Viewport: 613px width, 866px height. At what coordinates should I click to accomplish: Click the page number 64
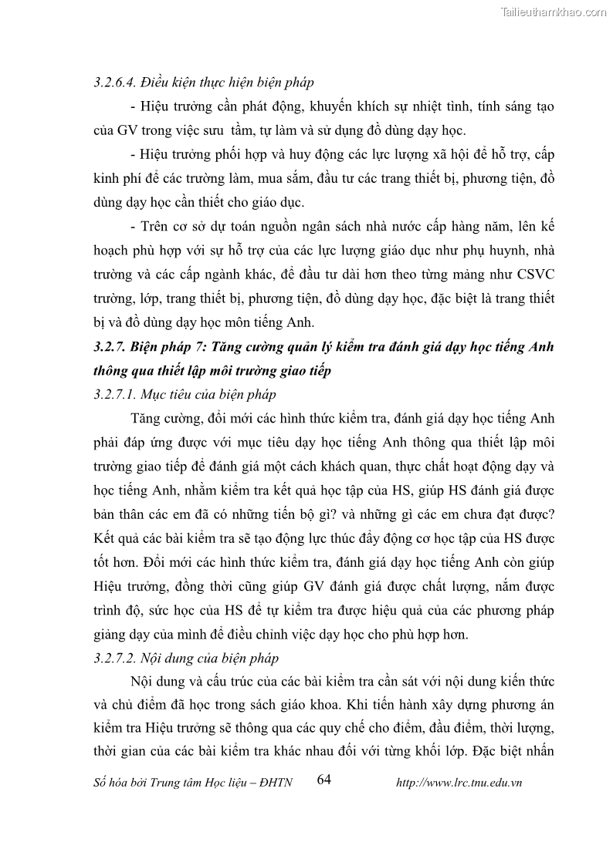click(x=323, y=780)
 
